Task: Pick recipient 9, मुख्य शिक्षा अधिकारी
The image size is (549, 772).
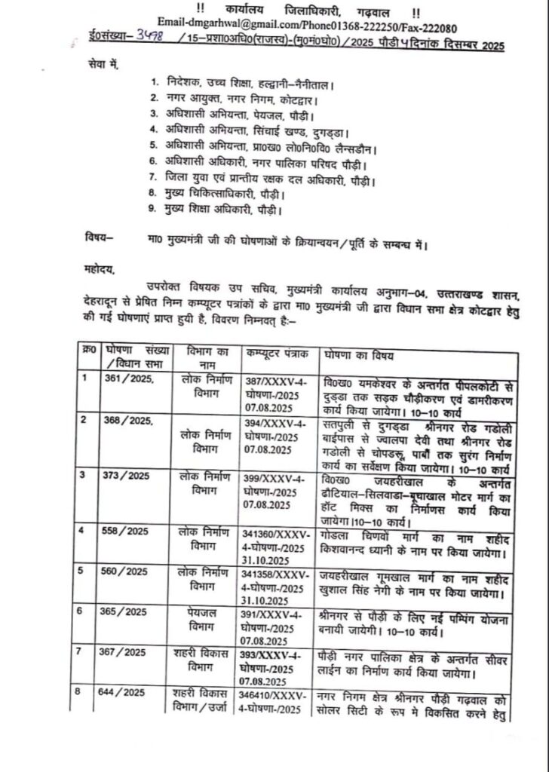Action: click(222, 210)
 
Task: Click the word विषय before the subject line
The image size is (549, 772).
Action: click(96, 239)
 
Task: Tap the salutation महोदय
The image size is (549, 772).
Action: click(96, 265)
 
